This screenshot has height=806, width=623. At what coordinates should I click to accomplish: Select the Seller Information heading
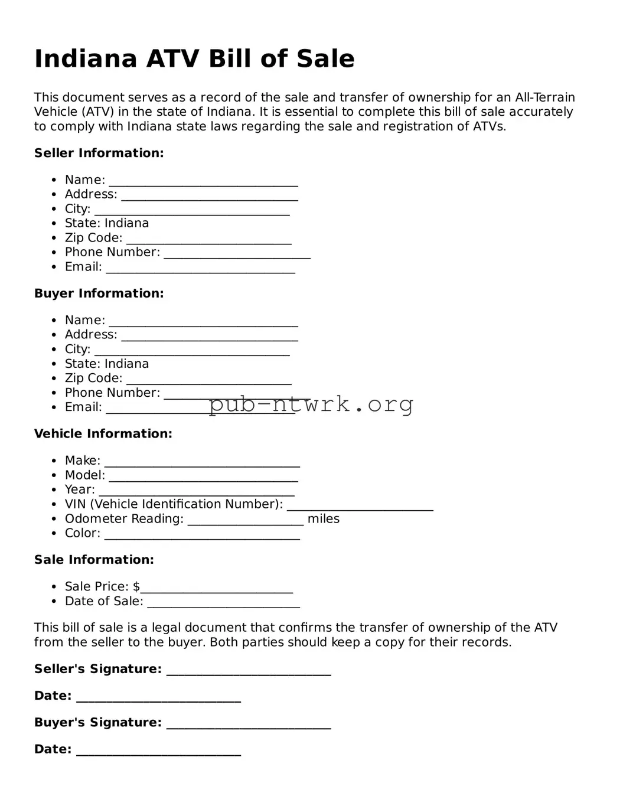[x=99, y=153]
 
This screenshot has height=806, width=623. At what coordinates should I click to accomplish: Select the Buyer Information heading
[x=99, y=293]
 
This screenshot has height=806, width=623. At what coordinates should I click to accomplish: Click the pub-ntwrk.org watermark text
[x=311, y=404]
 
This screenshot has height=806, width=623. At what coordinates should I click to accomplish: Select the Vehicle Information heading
[x=103, y=434]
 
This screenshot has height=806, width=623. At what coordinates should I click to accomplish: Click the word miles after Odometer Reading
[x=323, y=519]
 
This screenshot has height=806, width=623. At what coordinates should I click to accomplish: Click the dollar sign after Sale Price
[x=136, y=587]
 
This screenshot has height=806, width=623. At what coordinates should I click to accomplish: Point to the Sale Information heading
[x=94, y=560]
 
